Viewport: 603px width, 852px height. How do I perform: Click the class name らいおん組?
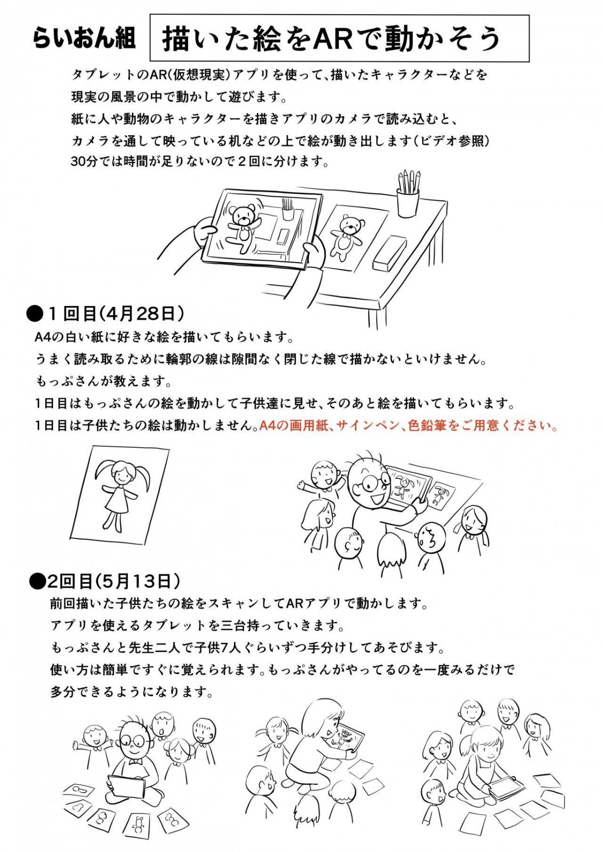84,39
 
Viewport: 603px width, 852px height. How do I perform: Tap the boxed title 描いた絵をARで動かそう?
332,39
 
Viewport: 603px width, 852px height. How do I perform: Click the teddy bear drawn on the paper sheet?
346,236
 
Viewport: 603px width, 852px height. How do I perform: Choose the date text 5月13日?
136,581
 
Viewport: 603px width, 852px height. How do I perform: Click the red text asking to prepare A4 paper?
408,427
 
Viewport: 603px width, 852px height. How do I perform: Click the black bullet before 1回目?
35,314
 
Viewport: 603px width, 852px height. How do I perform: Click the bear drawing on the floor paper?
138,823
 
